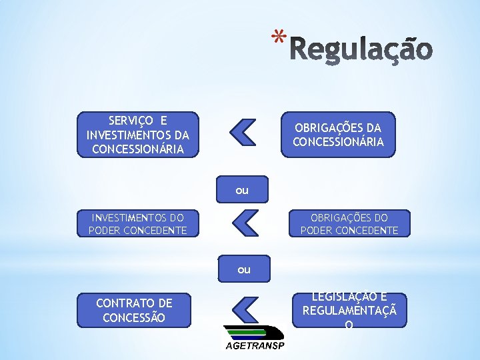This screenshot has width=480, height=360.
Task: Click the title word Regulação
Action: tap(361, 49)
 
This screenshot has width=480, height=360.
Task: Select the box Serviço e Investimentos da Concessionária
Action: tap(138, 135)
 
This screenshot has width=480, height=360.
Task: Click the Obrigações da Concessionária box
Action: tap(338, 134)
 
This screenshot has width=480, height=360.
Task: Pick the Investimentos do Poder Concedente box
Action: tap(137, 224)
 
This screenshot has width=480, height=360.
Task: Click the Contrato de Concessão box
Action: tap(134, 310)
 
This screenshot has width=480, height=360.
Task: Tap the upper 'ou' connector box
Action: tap(241, 190)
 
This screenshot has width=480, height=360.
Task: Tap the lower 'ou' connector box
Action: tap(243, 269)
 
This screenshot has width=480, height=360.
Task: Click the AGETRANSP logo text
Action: tap(253, 345)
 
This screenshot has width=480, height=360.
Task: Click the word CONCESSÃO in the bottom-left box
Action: tap(134, 317)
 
